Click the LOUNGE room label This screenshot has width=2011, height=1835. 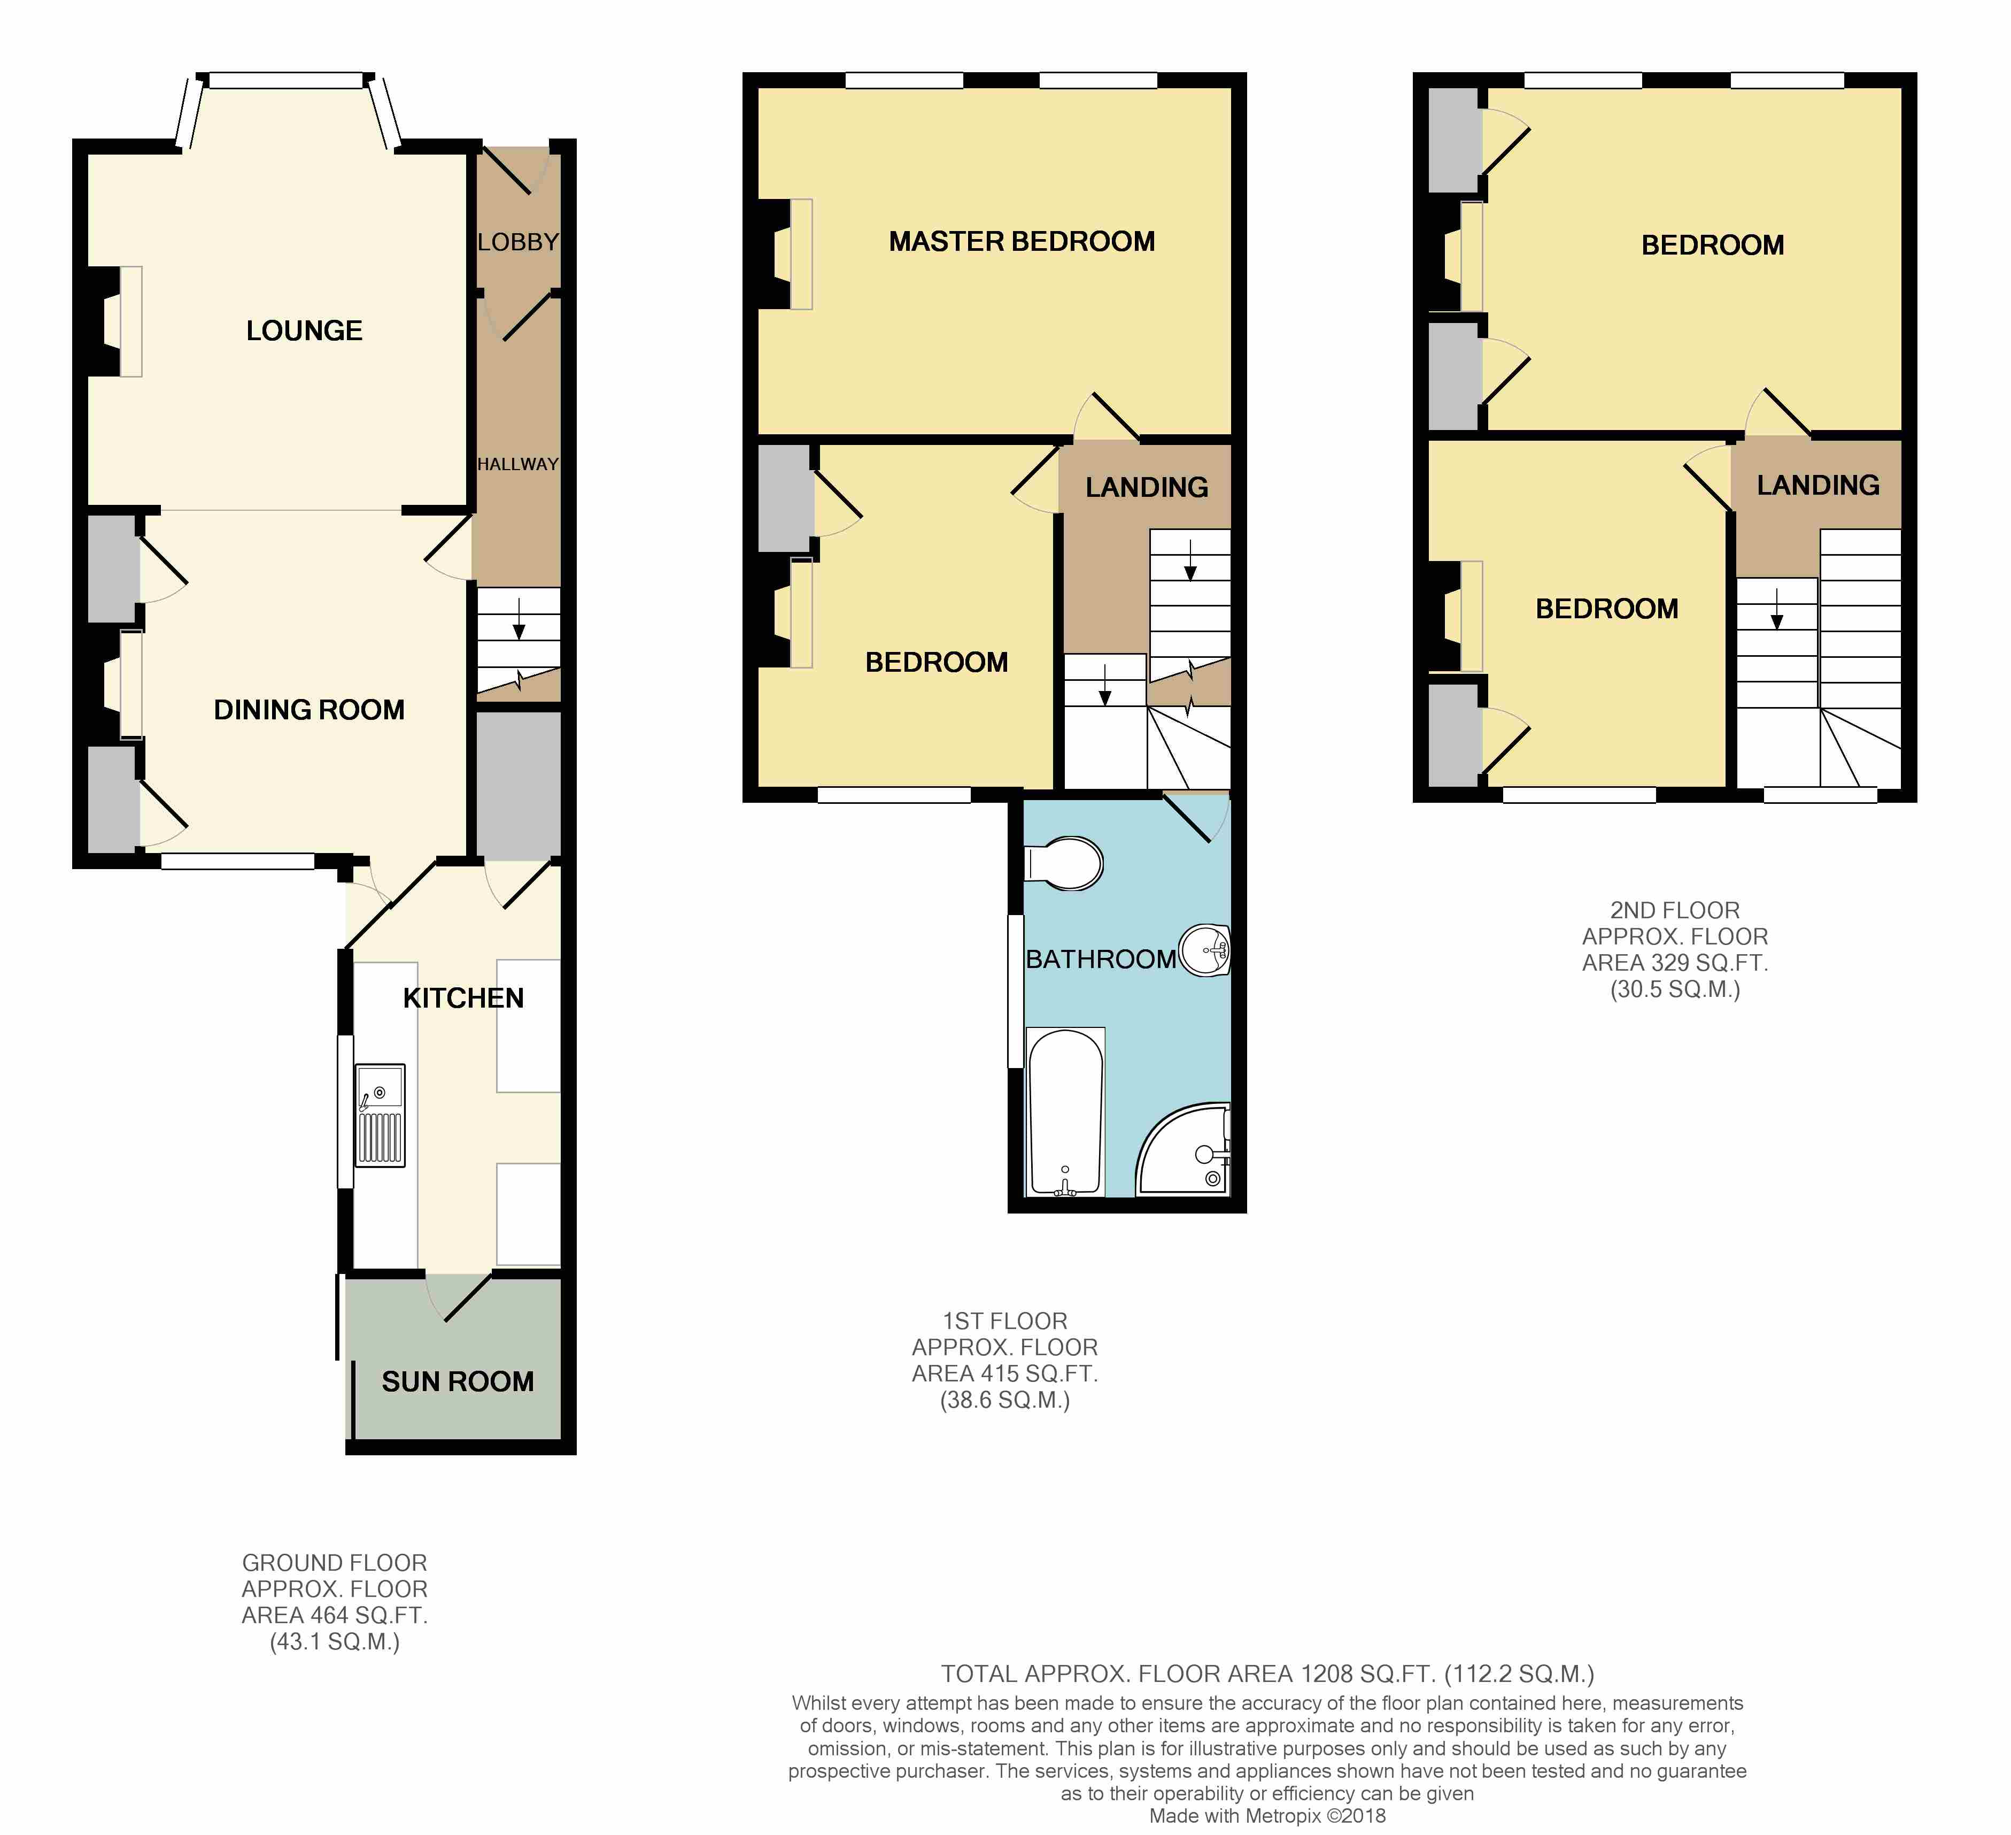[304, 331]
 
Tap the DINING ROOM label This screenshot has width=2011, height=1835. [309, 710]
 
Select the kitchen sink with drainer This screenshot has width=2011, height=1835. [380, 1115]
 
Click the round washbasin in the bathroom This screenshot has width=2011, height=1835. [1206, 949]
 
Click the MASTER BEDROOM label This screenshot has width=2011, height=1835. [1022, 241]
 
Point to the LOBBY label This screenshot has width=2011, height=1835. [517, 241]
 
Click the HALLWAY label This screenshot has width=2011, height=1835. [517, 464]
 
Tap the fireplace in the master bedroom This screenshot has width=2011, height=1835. [786, 254]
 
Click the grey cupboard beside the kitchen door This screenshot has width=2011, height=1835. [517, 785]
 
